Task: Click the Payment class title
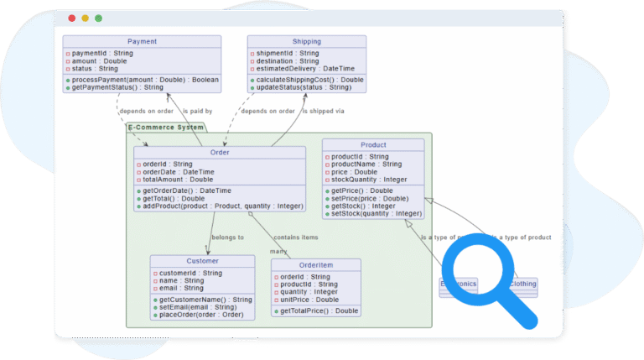tap(142, 41)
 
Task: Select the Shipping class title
tap(306, 41)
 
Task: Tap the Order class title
tap(220, 153)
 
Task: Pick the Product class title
tap(373, 145)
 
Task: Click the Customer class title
tap(202, 261)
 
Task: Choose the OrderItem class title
tap(316, 264)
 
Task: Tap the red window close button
tap(71, 18)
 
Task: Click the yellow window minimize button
tap(85, 18)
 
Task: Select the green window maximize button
tap(98, 18)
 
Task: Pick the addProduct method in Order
tap(221, 206)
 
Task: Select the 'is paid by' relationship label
tap(197, 111)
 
